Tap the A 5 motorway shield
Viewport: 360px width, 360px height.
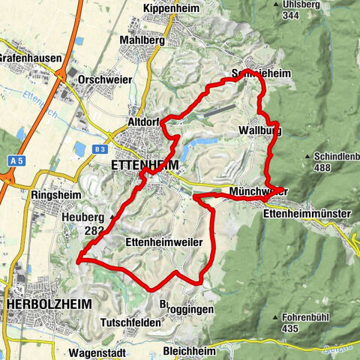click(x=18, y=160)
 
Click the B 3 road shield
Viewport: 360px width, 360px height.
click(x=100, y=149)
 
